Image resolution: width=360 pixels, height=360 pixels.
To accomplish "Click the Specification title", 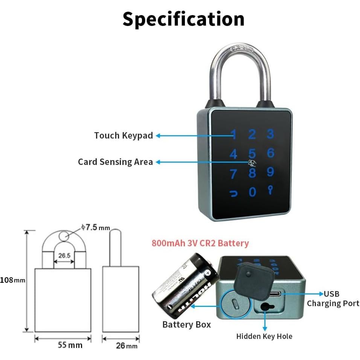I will click(x=183, y=19).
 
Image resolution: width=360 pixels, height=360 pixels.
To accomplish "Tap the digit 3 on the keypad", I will click(x=270, y=134).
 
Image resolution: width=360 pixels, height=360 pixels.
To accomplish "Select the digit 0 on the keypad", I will click(x=252, y=192).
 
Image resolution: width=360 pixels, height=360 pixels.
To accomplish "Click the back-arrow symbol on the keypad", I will click(x=234, y=194).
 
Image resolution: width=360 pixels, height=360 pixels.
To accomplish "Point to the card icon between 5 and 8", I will click(x=252, y=163).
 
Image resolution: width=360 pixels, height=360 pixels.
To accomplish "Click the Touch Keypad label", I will click(x=124, y=136).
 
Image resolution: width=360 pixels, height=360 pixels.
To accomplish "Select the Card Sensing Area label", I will click(x=115, y=162).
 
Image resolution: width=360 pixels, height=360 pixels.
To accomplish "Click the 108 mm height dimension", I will click(x=12, y=280).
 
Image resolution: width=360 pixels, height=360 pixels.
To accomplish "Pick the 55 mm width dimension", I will click(x=70, y=345).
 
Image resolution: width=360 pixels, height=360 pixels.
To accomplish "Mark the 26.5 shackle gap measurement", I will click(x=64, y=255).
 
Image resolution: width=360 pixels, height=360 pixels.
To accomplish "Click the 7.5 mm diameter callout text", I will click(x=95, y=227).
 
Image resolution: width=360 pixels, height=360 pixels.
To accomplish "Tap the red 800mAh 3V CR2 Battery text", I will click(x=200, y=243).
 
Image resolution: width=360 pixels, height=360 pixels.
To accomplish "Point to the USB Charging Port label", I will click(x=333, y=299).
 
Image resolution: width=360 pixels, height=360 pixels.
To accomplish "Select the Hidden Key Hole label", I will click(x=264, y=336).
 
